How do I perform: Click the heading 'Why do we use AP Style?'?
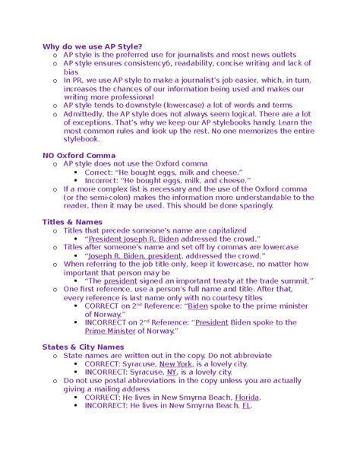point(92,46)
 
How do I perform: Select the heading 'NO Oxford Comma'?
point(79,155)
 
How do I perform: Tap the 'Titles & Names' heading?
point(72,221)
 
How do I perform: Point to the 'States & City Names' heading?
point(83,347)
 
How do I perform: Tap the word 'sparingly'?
point(251,205)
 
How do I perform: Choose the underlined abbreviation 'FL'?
point(246,405)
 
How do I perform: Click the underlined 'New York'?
point(175,363)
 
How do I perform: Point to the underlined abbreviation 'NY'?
point(172,372)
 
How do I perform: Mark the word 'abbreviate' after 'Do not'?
point(247,355)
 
